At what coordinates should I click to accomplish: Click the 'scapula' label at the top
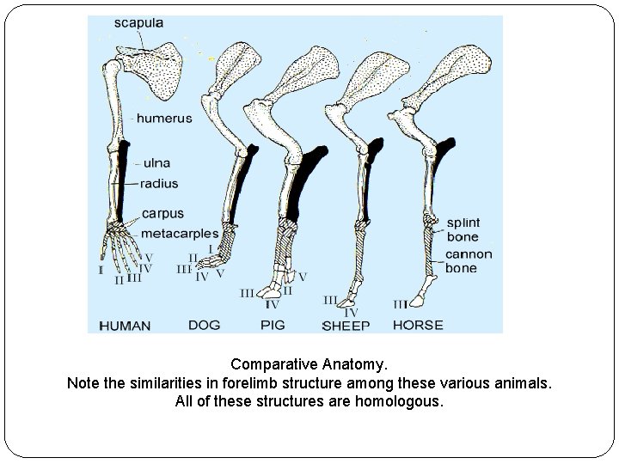138,23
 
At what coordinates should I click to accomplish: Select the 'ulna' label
156,162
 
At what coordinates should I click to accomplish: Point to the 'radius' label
161,183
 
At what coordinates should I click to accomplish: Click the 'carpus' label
162,213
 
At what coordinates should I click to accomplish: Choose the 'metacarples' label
180,232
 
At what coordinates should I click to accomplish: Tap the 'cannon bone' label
469,261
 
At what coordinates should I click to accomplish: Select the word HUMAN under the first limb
125,326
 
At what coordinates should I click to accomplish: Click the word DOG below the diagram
204,325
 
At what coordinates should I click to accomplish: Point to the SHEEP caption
346,326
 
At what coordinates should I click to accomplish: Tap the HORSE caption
417,325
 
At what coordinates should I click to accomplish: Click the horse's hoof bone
419,298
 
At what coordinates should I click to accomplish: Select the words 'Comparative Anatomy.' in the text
309,363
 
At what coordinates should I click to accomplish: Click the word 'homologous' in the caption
398,401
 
